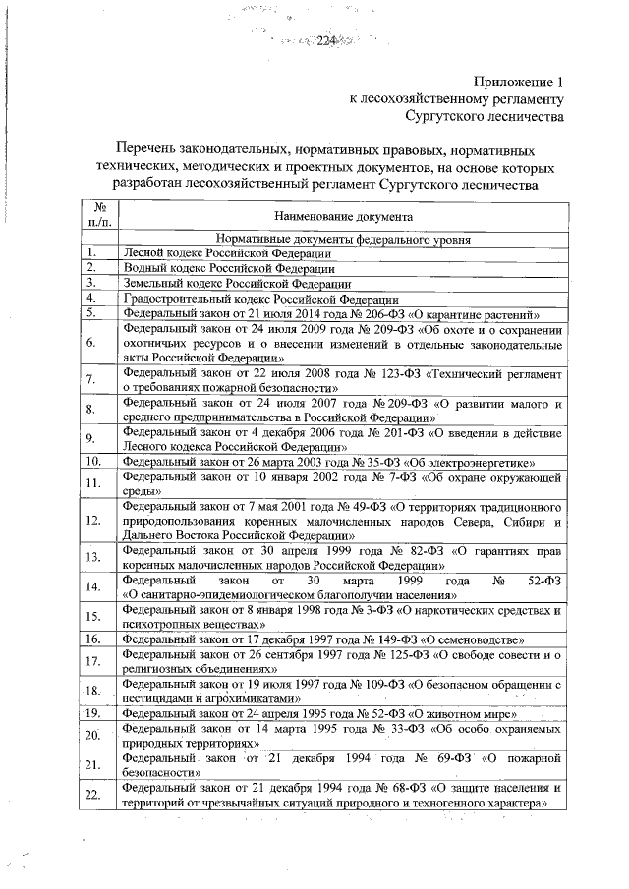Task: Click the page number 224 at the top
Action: (x=326, y=40)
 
